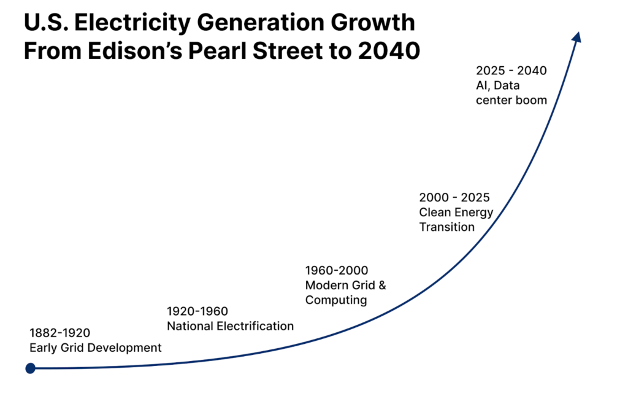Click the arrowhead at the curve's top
pyautogui.click(x=576, y=37)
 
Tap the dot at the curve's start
pyautogui.click(x=31, y=368)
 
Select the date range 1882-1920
pyautogui.click(x=59, y=333)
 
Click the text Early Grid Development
pyautogui.click(x=95, y=348)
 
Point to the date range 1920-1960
pyautogui.click(x=197, y=311)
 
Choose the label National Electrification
pyautogui.click(x=230, y=326)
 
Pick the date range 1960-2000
pyautogui.click(x=337, y=270)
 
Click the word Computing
pyautogui.click(x=336, y=300)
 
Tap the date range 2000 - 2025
pyautogui.click(x=454, y=197)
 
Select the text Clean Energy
pyautogui.click(x=456, y=212)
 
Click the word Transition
pyautogui.click(x=446, y=227)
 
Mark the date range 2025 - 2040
pyautogui.click(x=511, y=71)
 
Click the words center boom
pyautogui.click(x=511, y=100)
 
